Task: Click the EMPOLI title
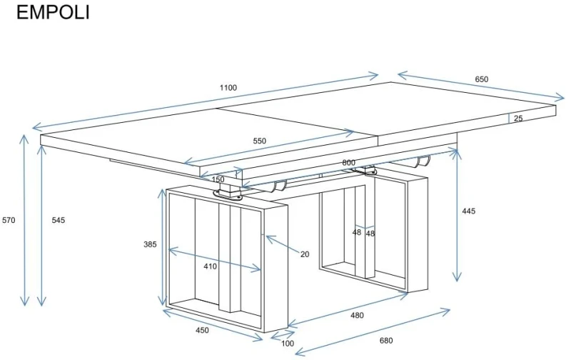53,12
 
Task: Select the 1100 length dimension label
228,88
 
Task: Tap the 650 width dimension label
481,79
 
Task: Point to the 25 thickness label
518,118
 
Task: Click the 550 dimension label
260,141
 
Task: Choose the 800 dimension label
348,163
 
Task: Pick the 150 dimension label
218,179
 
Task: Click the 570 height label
9,220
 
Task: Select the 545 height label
59,220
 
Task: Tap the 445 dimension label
469,211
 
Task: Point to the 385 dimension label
150,244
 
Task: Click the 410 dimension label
210,266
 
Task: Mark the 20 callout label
305,254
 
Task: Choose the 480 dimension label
357,316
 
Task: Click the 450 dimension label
203,330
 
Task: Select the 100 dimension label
288,344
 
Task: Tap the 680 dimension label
386,341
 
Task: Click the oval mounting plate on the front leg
228,195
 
